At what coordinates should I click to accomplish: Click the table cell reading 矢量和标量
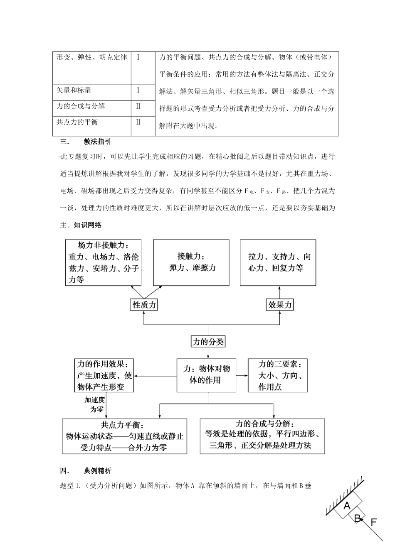click(x=91, y=93)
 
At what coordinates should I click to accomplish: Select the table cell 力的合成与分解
click(x=91, y=108)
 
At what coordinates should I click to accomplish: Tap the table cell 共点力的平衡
click(x=91, y=125)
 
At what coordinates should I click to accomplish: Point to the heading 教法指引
click(x=97, y=142)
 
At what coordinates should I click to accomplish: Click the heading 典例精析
click(x=97, y=471)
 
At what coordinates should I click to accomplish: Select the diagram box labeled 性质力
click(x=144, y=305)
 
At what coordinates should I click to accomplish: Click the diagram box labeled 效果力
click(x=280, y=305)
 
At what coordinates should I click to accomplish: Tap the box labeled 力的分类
click(x=208, y=342)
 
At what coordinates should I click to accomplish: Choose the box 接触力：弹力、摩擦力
click(x=191, y=262)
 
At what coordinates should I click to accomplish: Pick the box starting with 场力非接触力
click(x=104, y=262)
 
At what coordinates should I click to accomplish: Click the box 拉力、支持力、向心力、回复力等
click(x=278, y=262)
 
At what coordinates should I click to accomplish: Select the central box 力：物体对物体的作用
click(x=206, y=375)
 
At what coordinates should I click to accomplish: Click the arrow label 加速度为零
click(x=94, y=404)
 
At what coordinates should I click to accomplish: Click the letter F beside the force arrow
click(x=373, y=522)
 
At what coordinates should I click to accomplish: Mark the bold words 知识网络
click(x=87, y=225)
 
